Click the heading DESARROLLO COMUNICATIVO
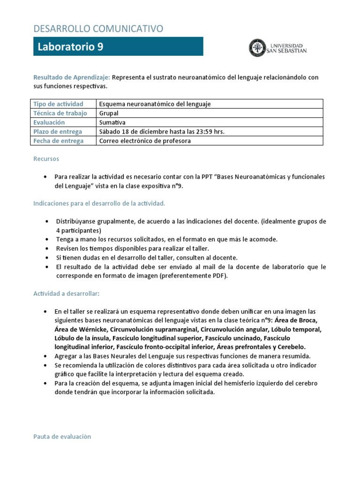point(98,29)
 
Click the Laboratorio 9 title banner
point(118,46)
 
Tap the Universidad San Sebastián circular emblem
point(256,47)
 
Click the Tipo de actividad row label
point(58,104)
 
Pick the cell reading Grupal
point(109,113)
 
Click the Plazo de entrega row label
point(57,132)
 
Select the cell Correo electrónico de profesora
point(145,141)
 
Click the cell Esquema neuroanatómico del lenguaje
point(155,104)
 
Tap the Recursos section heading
point(46,159)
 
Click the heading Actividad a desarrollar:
point(66,293)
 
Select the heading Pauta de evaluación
point(62,436)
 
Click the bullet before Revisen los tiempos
point(48,248)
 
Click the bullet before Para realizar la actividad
point(45,177)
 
